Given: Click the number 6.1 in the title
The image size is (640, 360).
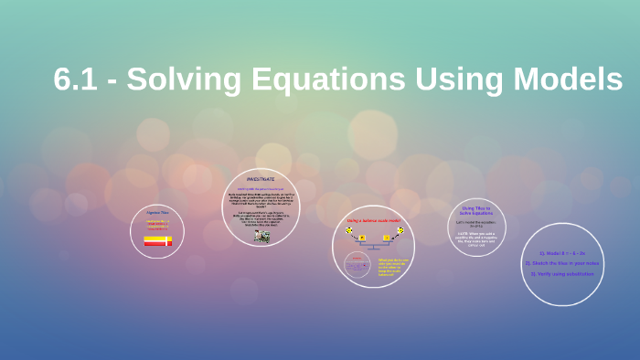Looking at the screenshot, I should [x=78, y=79].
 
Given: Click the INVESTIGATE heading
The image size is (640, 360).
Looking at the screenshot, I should [x=261, y=179].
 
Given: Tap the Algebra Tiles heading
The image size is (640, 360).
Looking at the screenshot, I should [x=157, y=213].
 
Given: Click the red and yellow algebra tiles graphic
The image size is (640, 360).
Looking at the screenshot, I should [x=157, y=241].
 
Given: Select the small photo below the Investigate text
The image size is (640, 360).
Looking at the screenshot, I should [x=261, y=236].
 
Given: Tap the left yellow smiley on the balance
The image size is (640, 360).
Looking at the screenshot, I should [x=348, y=231].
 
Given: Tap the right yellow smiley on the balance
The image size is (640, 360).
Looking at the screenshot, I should [x=400, y=231].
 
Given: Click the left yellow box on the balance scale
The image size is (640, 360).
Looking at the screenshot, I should [x=362, y=238].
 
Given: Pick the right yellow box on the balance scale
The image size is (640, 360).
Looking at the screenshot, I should [x=386, y=238].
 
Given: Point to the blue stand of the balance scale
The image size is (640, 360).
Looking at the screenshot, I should [x=374, y=246].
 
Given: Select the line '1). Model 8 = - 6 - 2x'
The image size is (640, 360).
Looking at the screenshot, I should [x=562, y=253].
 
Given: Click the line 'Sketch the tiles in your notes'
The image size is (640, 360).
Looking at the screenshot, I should [x=562, y=263].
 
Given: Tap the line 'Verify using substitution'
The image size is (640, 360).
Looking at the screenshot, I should [x=562, y=272].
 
